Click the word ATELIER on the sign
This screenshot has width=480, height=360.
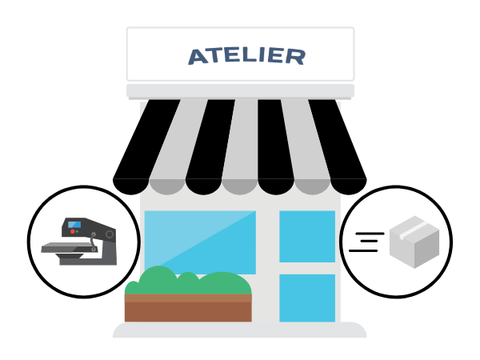click(246, 56)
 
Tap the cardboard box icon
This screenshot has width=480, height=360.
click(414, 242)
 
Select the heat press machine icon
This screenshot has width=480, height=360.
click(79, 242)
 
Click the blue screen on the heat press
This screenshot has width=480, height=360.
click(74, 224)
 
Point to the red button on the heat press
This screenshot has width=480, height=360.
click(73, 231)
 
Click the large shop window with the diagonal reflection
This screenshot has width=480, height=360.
click(200, 242)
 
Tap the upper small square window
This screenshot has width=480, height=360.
click(307, 236)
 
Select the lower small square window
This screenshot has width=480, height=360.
click(307, 298)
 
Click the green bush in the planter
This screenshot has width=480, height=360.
click(188, 281)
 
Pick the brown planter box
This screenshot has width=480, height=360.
click(188, 308)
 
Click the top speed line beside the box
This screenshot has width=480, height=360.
click(370, 234)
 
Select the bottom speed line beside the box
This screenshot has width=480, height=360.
click(363, 250)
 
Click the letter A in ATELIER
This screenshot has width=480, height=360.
click(198, 57)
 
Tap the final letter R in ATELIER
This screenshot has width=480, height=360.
click(295, 57)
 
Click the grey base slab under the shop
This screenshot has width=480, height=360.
click(240, 330)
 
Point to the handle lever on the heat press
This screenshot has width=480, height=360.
click(93, 242)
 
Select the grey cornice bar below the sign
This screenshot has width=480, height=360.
click(240, 91)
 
